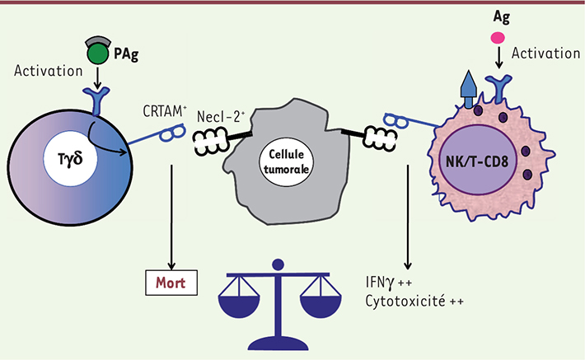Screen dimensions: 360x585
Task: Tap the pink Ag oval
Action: (497, 37)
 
